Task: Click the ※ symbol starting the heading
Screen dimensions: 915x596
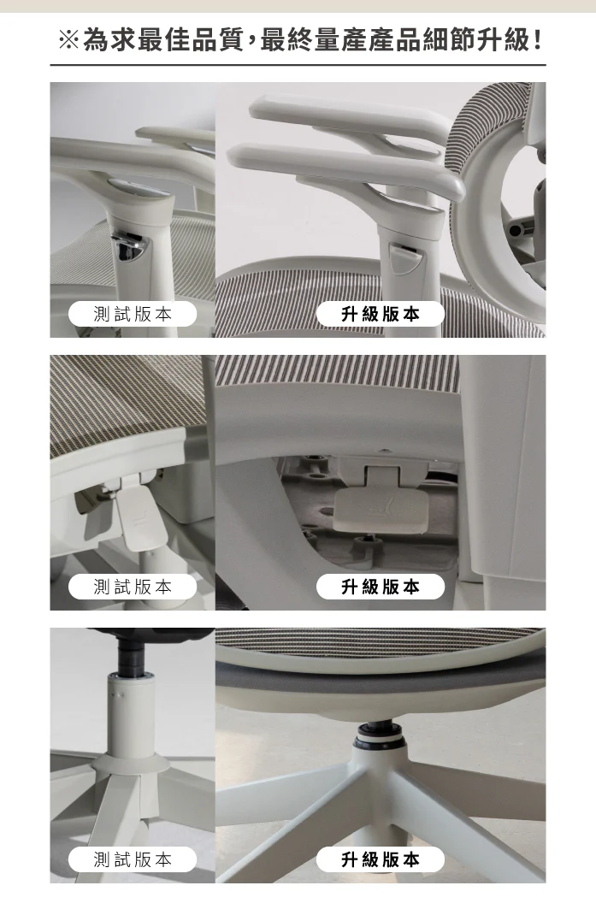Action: pyautogui.click(x=69, y=40)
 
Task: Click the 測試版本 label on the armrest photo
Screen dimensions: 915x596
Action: pyautogui.click(x=133, y=314)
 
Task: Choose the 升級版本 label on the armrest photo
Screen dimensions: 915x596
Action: pyautogui.click(x=381, y=314)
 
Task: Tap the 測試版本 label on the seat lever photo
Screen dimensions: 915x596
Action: pyautogui.click(x=133, y=587)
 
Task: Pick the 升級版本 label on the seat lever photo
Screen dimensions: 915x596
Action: pyautogui.click(x=381, y=587)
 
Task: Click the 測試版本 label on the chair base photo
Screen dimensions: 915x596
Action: pyautogui.click(x=133, y=859)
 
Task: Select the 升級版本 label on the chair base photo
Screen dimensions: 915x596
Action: pyautogui.click(x=381, y=859)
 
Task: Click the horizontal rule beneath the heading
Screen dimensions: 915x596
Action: pyautogui.click(x=298, y=65)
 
